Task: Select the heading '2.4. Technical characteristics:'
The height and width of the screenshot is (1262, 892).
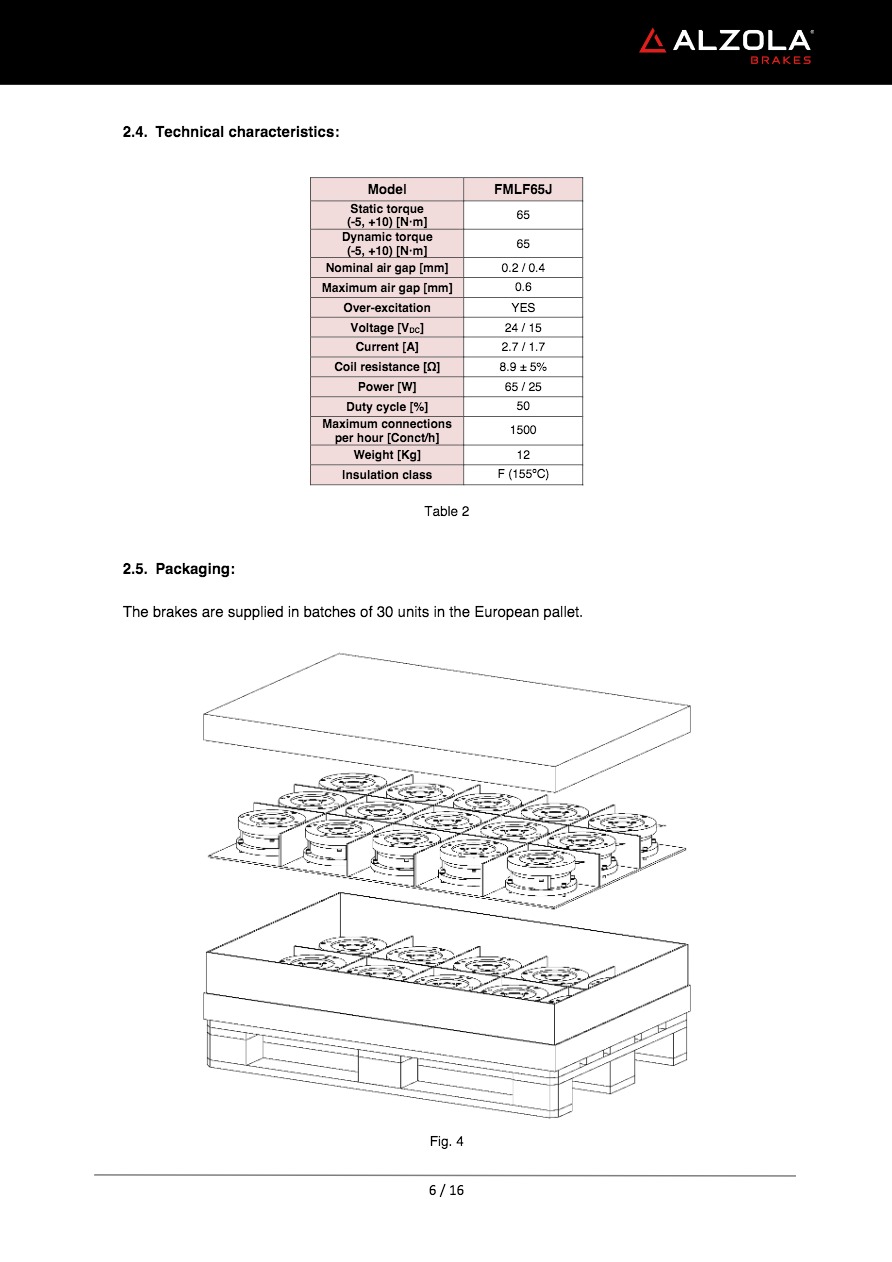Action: pos(231,132)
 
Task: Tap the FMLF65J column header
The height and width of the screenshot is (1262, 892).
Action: pos(523,189)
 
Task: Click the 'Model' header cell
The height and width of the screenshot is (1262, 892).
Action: pos(387,189)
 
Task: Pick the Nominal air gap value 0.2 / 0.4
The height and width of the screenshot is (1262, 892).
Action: pos(523,268)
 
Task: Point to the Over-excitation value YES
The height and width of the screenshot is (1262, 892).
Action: pos(523,308)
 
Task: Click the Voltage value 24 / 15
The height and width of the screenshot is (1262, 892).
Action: pos(523,328)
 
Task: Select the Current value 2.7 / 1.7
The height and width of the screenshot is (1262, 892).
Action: pos(523,347)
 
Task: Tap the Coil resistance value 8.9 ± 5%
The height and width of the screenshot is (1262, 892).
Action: pos(523,367)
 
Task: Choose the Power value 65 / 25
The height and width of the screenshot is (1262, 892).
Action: pos(523,387)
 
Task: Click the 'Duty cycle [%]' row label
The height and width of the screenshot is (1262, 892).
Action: pos(387,407)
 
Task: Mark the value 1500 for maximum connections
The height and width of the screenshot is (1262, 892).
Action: pos(523,430)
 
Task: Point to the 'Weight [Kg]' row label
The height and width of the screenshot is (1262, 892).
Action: pos(387,455)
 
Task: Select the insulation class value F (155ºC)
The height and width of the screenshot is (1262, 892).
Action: pos(523,474)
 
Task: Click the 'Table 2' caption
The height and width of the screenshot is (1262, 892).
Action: pos(446,512)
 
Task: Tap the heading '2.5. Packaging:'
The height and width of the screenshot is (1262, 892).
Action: pos(179,569)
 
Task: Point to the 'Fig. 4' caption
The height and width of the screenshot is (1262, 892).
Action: pos(446,1141)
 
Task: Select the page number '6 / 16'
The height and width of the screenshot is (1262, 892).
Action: pos(446,1190)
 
